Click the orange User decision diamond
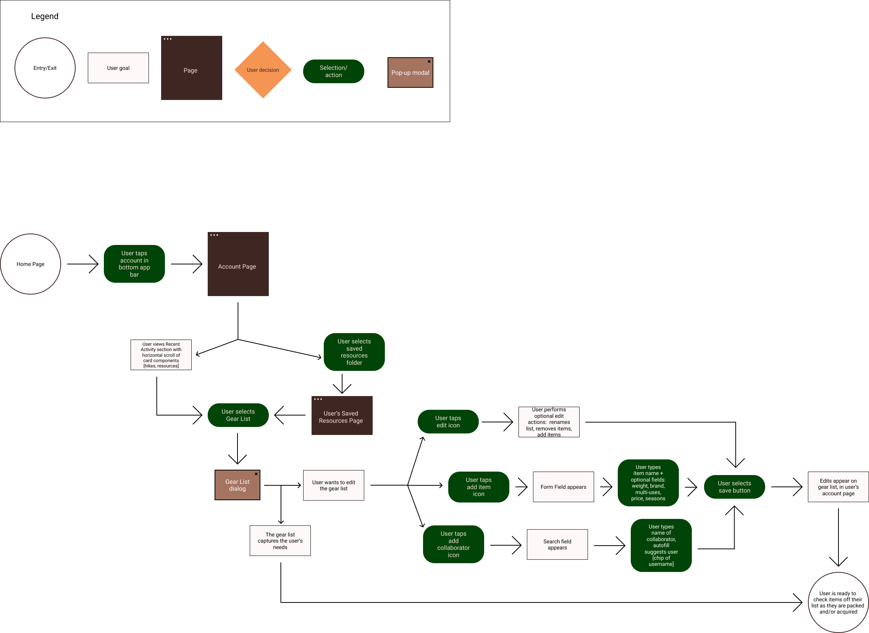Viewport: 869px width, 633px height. tap(263, 70)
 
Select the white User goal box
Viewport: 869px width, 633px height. tap(118, 68)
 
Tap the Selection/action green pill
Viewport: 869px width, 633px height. tap(333, 71)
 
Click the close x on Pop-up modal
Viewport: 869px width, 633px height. tap(429, 61)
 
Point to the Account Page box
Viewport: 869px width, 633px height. tap(237, 266)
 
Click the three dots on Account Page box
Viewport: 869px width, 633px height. tap(214, 235)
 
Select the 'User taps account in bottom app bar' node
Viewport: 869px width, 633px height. tap(134, 264)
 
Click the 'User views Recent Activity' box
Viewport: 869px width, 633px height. tap(161, 355)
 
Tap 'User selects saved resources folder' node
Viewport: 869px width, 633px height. tap(354, 352)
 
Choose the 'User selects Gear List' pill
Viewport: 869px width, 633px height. tap(237, 415)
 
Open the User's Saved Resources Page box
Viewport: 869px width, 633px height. tap(342, 417)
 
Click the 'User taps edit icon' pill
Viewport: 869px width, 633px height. tap(448, 422)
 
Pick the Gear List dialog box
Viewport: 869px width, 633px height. tap(237, 485)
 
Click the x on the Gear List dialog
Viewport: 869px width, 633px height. tap(256, 474)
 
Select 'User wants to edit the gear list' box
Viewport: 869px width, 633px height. tap(333, 485)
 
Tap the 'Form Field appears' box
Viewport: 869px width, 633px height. tap(563, 486)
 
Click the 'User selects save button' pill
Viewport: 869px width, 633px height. tap(734, 486)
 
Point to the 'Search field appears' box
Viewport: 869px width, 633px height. tap(557, 544)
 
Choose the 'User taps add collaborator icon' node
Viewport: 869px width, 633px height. tap(453, 544)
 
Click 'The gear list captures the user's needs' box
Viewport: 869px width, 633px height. tap(280, 540)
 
